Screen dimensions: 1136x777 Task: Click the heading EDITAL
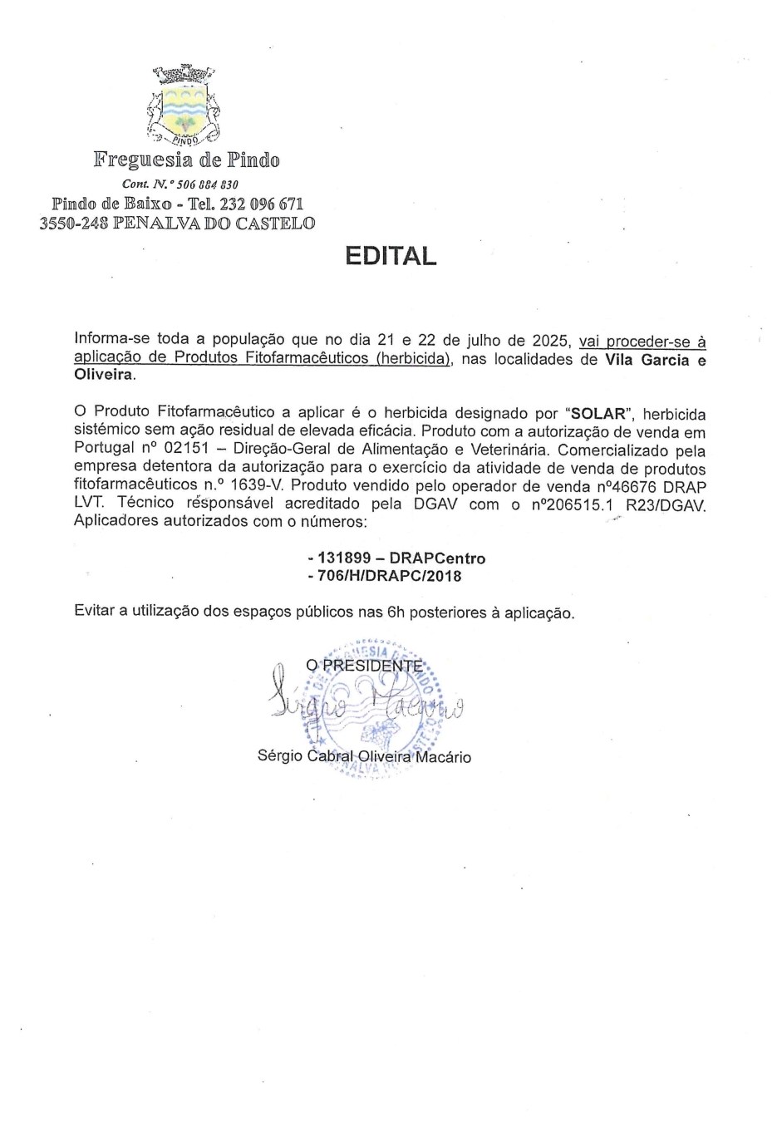[x=391, y=256]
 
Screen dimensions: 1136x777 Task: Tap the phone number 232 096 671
[x=263, y=204]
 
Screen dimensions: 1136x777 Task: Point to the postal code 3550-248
[x=73, y=224]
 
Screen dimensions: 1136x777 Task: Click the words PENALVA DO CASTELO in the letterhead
[x=214, y=224]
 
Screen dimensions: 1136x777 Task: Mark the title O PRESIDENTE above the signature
[x=364, y=666]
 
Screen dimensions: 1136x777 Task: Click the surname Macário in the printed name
[x=443, y=757]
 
